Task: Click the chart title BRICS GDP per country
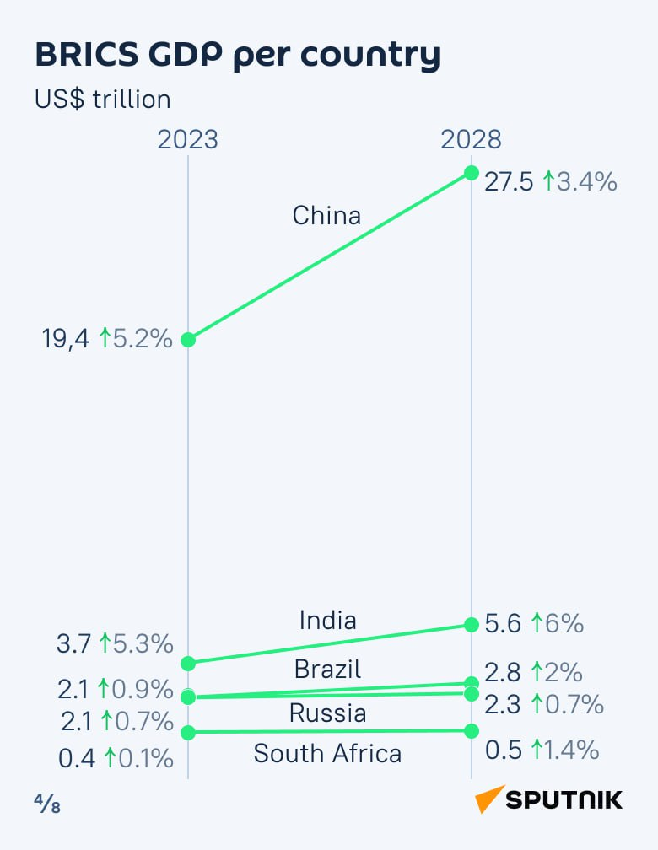click(237, 56)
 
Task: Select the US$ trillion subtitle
click(102, 100)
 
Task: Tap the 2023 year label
click(187, 139)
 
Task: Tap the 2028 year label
click(471, 139)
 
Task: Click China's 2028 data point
click(471, 173)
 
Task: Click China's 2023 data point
click(188, 340)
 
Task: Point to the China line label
click(326, 216)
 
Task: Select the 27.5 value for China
click(509, 181)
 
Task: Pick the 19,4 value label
click(66, 340)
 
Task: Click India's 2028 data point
click(471, 625)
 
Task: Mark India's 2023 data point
click(188, 664)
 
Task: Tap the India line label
click(328, 621)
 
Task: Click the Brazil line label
click(327, 670)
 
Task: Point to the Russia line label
click(327, 713)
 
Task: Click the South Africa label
click(327, 753)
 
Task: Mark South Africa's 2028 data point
click(471, 730)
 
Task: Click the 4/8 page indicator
click(47, 804)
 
